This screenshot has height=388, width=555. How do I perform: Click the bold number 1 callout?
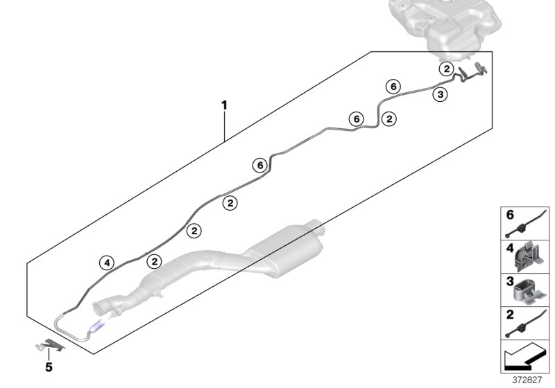(224, 105)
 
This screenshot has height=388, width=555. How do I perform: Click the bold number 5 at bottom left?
(49, 367)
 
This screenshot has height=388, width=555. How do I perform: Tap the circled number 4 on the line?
(105, 262)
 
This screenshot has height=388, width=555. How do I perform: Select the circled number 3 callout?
(440, 96)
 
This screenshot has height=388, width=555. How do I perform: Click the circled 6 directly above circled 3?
(393, 86)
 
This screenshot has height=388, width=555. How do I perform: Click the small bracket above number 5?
(49, 344)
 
